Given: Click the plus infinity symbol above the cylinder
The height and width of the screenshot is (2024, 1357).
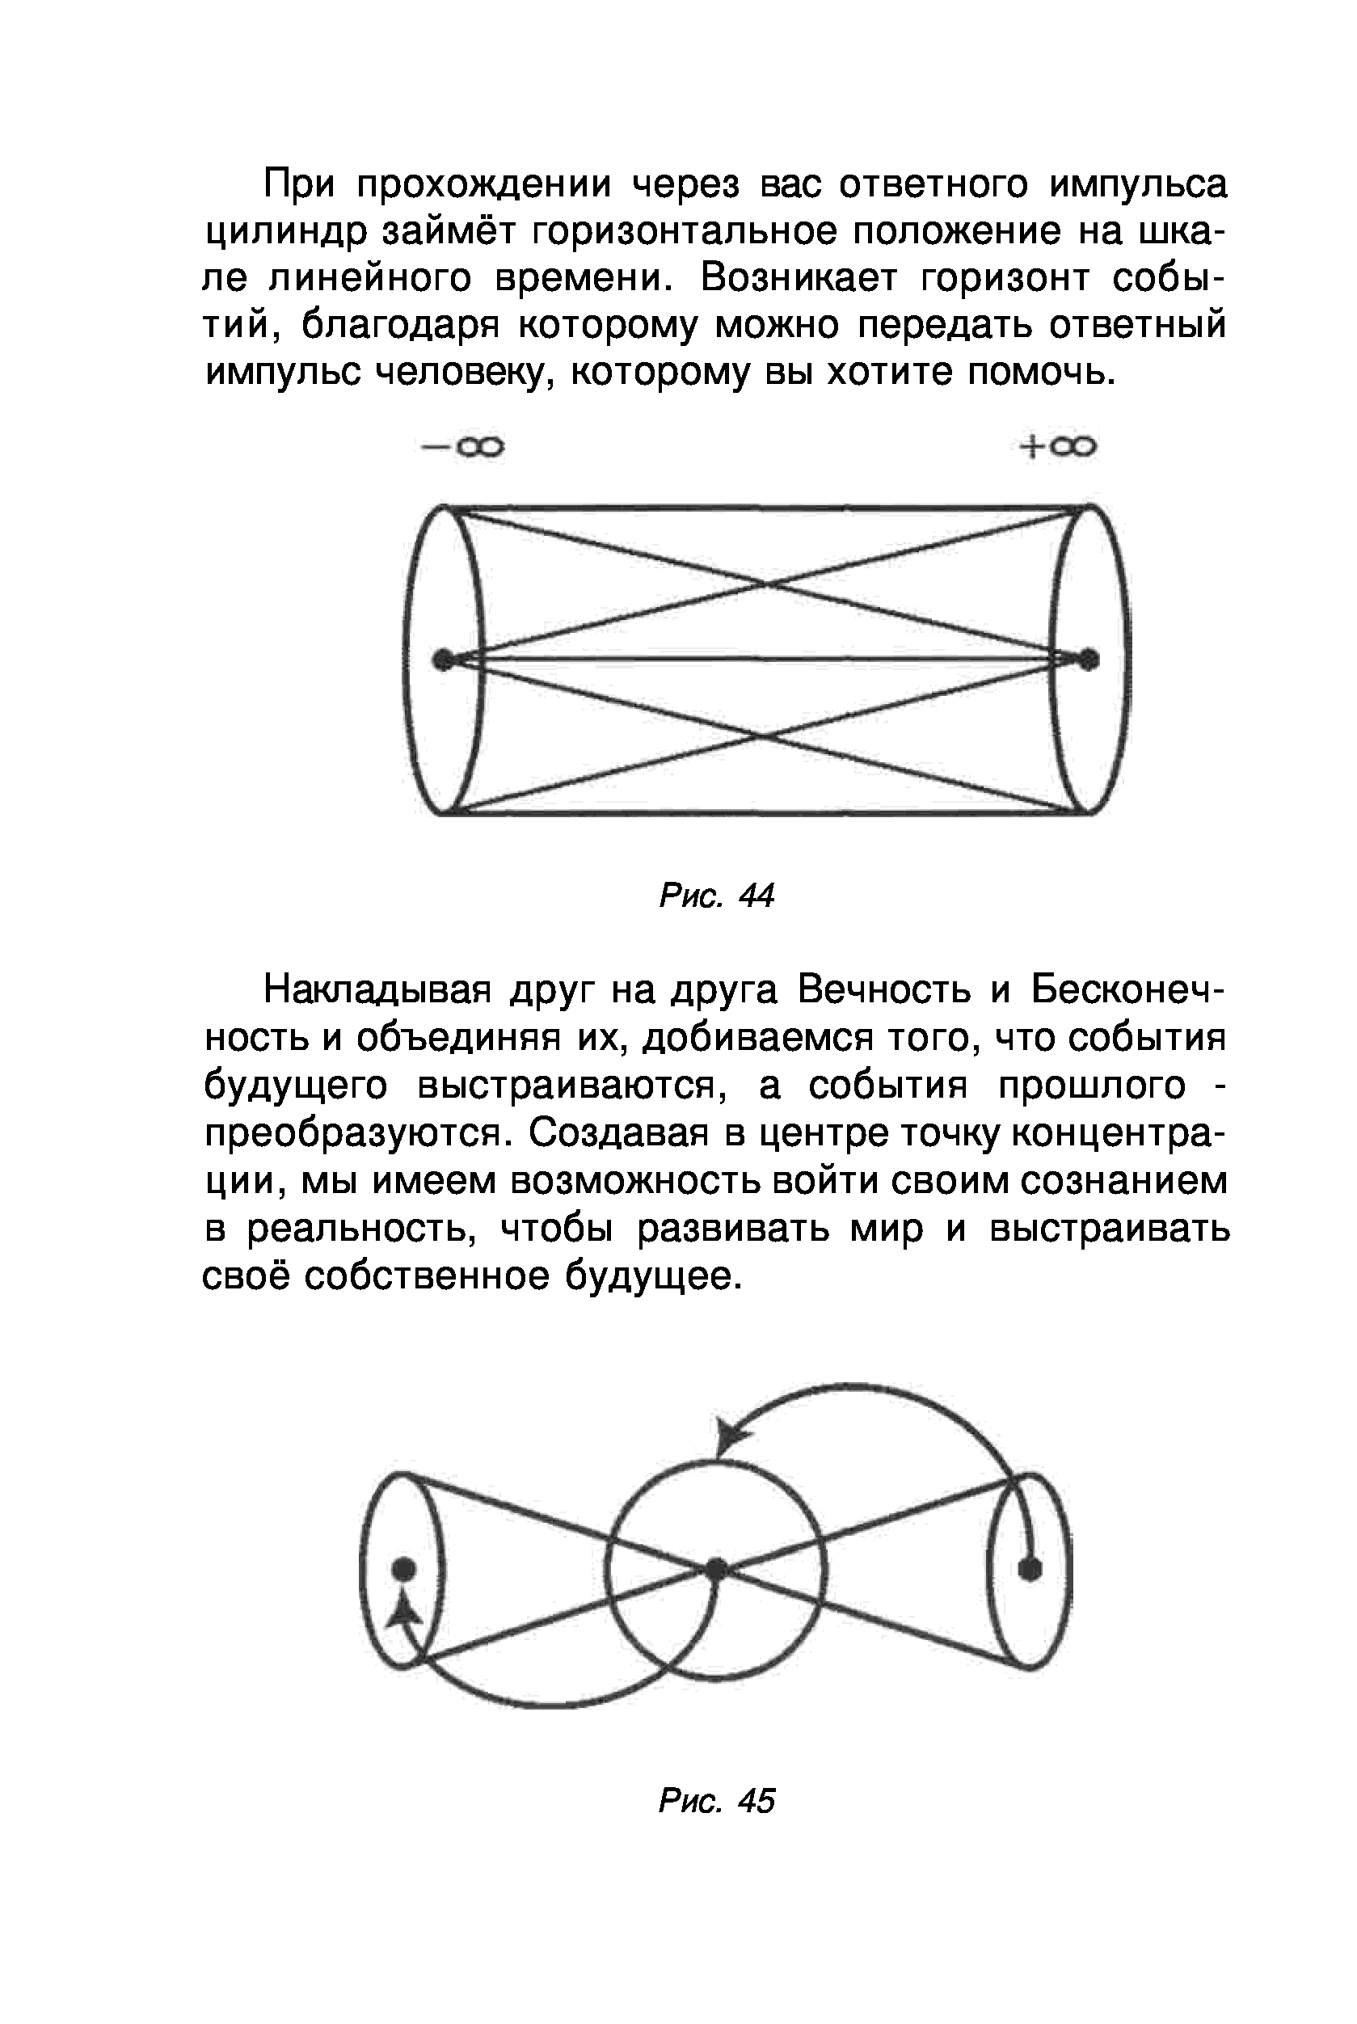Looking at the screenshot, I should coord(1058,446).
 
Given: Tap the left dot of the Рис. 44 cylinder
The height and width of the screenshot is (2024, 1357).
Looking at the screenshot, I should coord(443,660).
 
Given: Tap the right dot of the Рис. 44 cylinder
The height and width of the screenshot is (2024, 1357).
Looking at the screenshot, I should coord(1089,660).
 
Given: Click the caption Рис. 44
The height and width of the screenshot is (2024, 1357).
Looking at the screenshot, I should coord(716,896).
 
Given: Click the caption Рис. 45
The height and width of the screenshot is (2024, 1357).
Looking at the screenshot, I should coord(716,1801).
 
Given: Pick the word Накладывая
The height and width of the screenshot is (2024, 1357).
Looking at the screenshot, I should coord(378,989).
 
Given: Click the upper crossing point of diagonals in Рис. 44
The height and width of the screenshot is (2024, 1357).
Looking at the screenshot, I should coord(765,586).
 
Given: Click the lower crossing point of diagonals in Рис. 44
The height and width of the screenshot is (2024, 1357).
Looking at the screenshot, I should coord(760,736).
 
